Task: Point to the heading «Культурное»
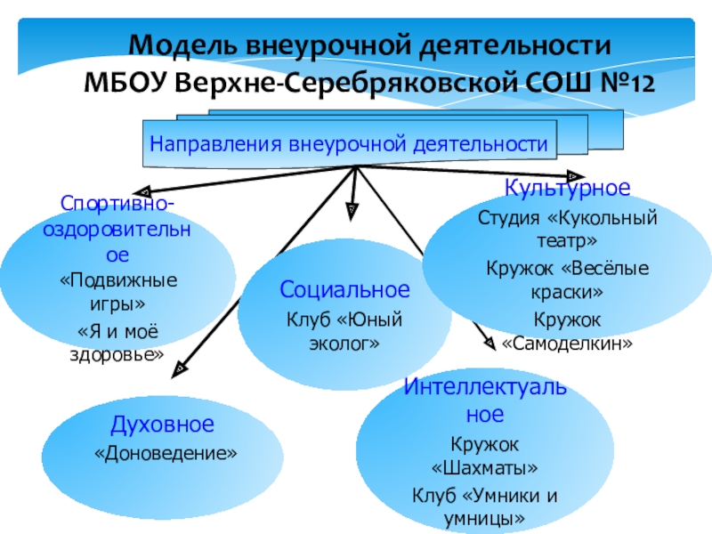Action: point(568,189)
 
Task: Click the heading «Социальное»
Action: point(344,290)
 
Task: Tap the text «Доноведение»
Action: point(166,454)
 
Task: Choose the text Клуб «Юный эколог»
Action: point(344,330)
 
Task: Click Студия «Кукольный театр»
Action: point(567,229)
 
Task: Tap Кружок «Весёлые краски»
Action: point(567,279)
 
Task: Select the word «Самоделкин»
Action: point(567,343)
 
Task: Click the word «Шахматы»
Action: point(484,467)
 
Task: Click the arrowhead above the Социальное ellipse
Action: point(352,208)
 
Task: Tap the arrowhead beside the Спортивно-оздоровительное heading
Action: point(148,189)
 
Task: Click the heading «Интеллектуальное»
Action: point(484,400)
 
